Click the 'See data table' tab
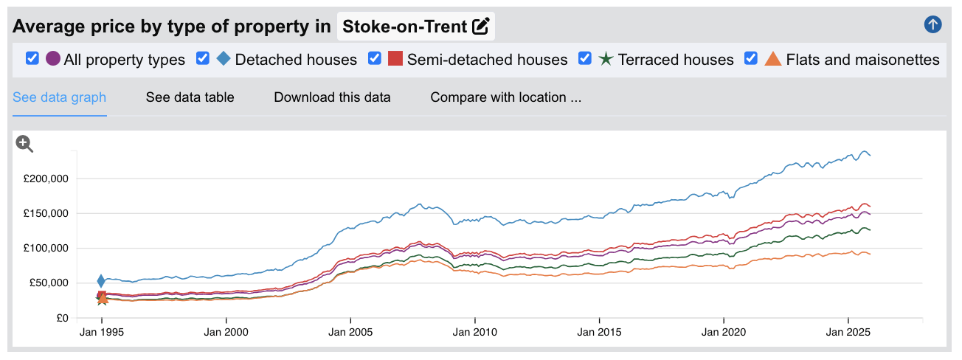[x=190, y=97]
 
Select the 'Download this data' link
[x=332, y=97]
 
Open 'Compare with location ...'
[x=506, y=97]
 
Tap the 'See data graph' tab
[x=60, y=97]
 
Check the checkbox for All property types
[x=32, y=58]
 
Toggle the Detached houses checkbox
[x=203, y=58]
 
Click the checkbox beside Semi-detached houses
[x=375, y=58]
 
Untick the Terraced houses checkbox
[x=585, y=58]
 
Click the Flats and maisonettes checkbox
[x=752, y=58]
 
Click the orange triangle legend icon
[x=773, y=59]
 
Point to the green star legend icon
[x=606, y=59]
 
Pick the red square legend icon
[x=395, y=58]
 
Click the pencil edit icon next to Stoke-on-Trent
[x=481, y=27]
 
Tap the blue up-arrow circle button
[x=932, y=25]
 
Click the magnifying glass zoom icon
[x=25, y=144]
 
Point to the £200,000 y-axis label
[x=46, y=179]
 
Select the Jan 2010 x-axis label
[x=474, y=333]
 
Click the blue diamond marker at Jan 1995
[x=102, y=280]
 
